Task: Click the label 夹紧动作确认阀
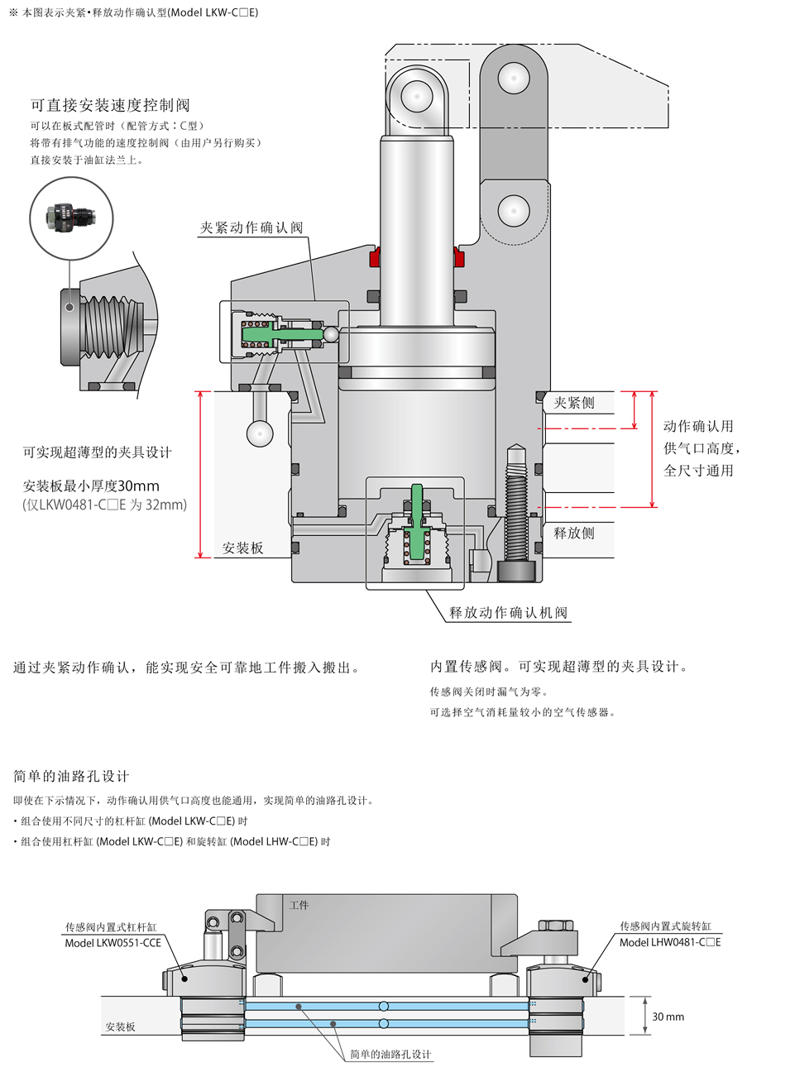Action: click(251, 227)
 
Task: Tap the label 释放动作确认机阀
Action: click(508, 612)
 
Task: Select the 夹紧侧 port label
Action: click(574, 403)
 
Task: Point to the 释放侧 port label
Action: click(574, 533)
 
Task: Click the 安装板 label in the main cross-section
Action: click(243, 548)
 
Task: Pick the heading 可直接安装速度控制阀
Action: click(110, 105)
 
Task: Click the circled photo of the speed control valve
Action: click(71, 218)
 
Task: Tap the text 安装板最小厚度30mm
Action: click(91, 486)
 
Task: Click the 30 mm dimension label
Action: click(668, 1017)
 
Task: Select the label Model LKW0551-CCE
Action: click(113, 943)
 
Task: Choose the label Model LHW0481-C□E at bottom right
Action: click(670, 942)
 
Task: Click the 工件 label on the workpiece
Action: click(299, 905)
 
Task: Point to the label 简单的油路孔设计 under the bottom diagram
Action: click(390, 1054)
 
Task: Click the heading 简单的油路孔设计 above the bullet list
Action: click(71, 776)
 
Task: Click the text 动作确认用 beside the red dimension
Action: click(698, 426)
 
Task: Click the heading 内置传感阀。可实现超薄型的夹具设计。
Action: click(559, 666)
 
